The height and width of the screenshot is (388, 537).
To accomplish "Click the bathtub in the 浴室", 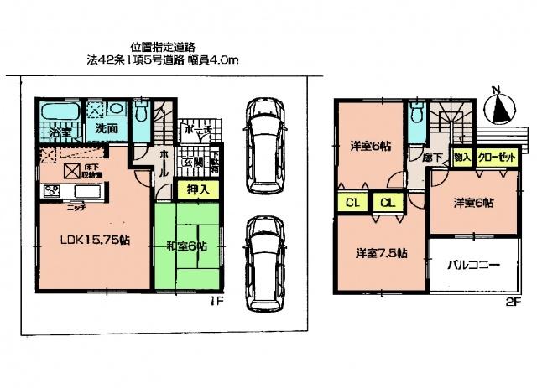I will point(58,112).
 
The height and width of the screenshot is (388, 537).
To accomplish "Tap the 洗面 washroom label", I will point(105,131).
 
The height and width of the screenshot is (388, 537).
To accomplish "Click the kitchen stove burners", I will point(51,192).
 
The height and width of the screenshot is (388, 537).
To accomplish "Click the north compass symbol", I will point(500,107).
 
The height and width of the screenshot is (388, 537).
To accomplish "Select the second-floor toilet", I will point(417,119).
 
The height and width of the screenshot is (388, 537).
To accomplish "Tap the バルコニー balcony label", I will point(472,266).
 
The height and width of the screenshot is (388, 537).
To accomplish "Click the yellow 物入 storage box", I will point(461,157).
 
